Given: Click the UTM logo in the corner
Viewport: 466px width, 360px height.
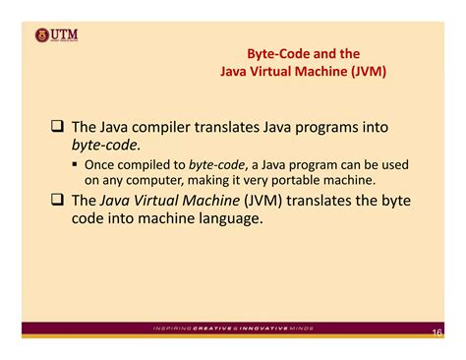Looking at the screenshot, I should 56,36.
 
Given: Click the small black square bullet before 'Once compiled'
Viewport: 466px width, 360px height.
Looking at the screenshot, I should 75,164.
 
